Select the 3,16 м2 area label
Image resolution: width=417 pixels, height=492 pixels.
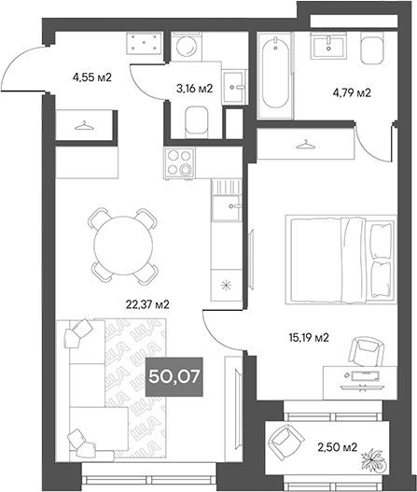(x=195, y=90)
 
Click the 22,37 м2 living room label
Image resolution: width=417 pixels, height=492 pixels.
(x=147, y=304)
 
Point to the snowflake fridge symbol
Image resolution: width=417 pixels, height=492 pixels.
(x=225, y=286)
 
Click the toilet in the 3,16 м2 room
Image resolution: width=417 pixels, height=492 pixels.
(x=197, y=122)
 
